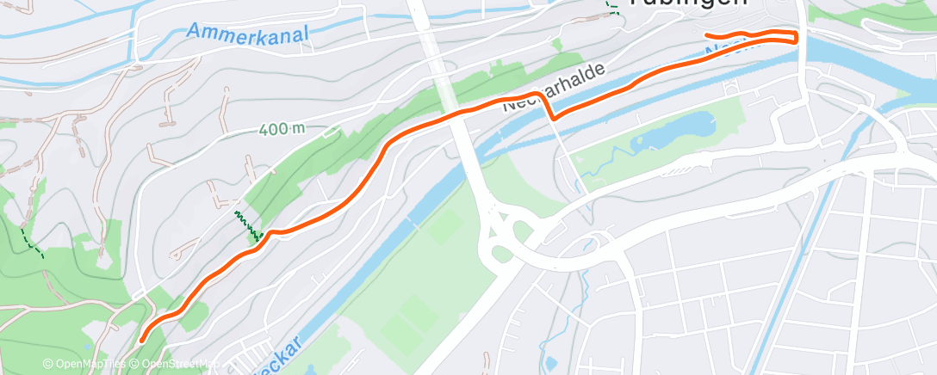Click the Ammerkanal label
(x=245, y=33)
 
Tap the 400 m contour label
(x=282, y=129)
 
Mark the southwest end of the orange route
(x=141, y=341)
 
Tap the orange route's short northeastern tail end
(x=707, y=35)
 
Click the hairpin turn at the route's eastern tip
(x=795, y=37)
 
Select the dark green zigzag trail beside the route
(x=248, y=223)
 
